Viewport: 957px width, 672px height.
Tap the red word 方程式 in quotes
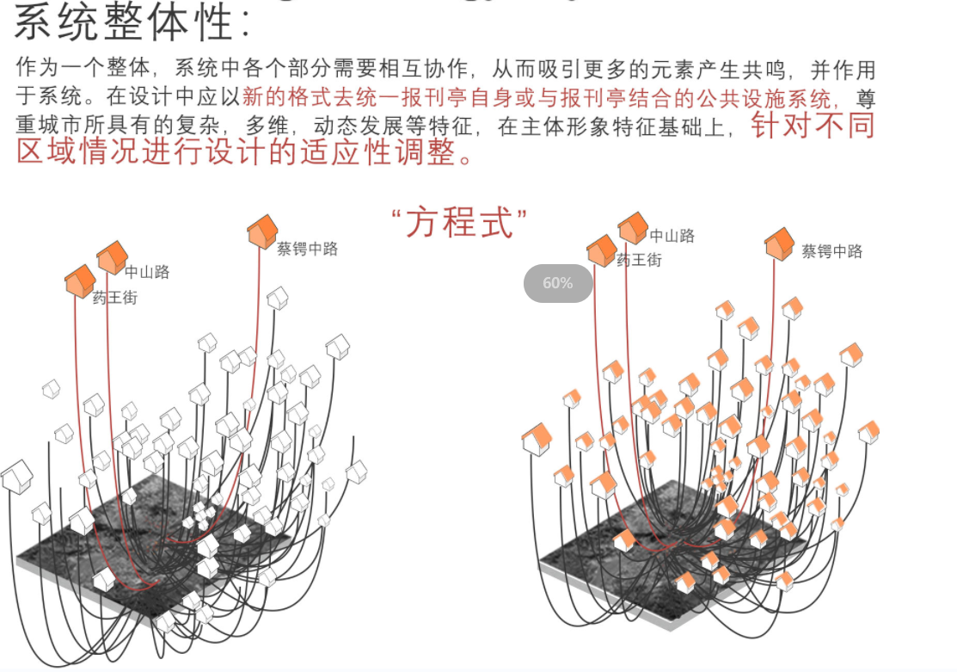coord(459,223)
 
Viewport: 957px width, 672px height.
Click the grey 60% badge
coord(558,283)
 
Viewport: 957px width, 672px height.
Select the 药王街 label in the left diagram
coord(114,299)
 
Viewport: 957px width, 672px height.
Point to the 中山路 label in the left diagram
coord(147,272)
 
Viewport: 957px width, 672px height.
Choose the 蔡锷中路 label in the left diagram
coord(307,249)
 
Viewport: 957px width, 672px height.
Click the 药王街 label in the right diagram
coord(639,260)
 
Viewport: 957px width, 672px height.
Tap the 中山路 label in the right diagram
coord(672,236)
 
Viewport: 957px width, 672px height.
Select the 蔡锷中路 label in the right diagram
coord(831,251)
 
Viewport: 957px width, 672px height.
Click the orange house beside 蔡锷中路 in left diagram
coord(261,232)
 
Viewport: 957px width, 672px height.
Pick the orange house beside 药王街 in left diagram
coord(80,281)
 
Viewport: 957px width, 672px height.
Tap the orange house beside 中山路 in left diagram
coord(112,257)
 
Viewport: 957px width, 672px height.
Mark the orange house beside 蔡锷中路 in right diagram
coord(779,244)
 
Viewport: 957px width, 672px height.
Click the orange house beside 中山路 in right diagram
coord(632,228)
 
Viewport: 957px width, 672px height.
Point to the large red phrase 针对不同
coord(813,126)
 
